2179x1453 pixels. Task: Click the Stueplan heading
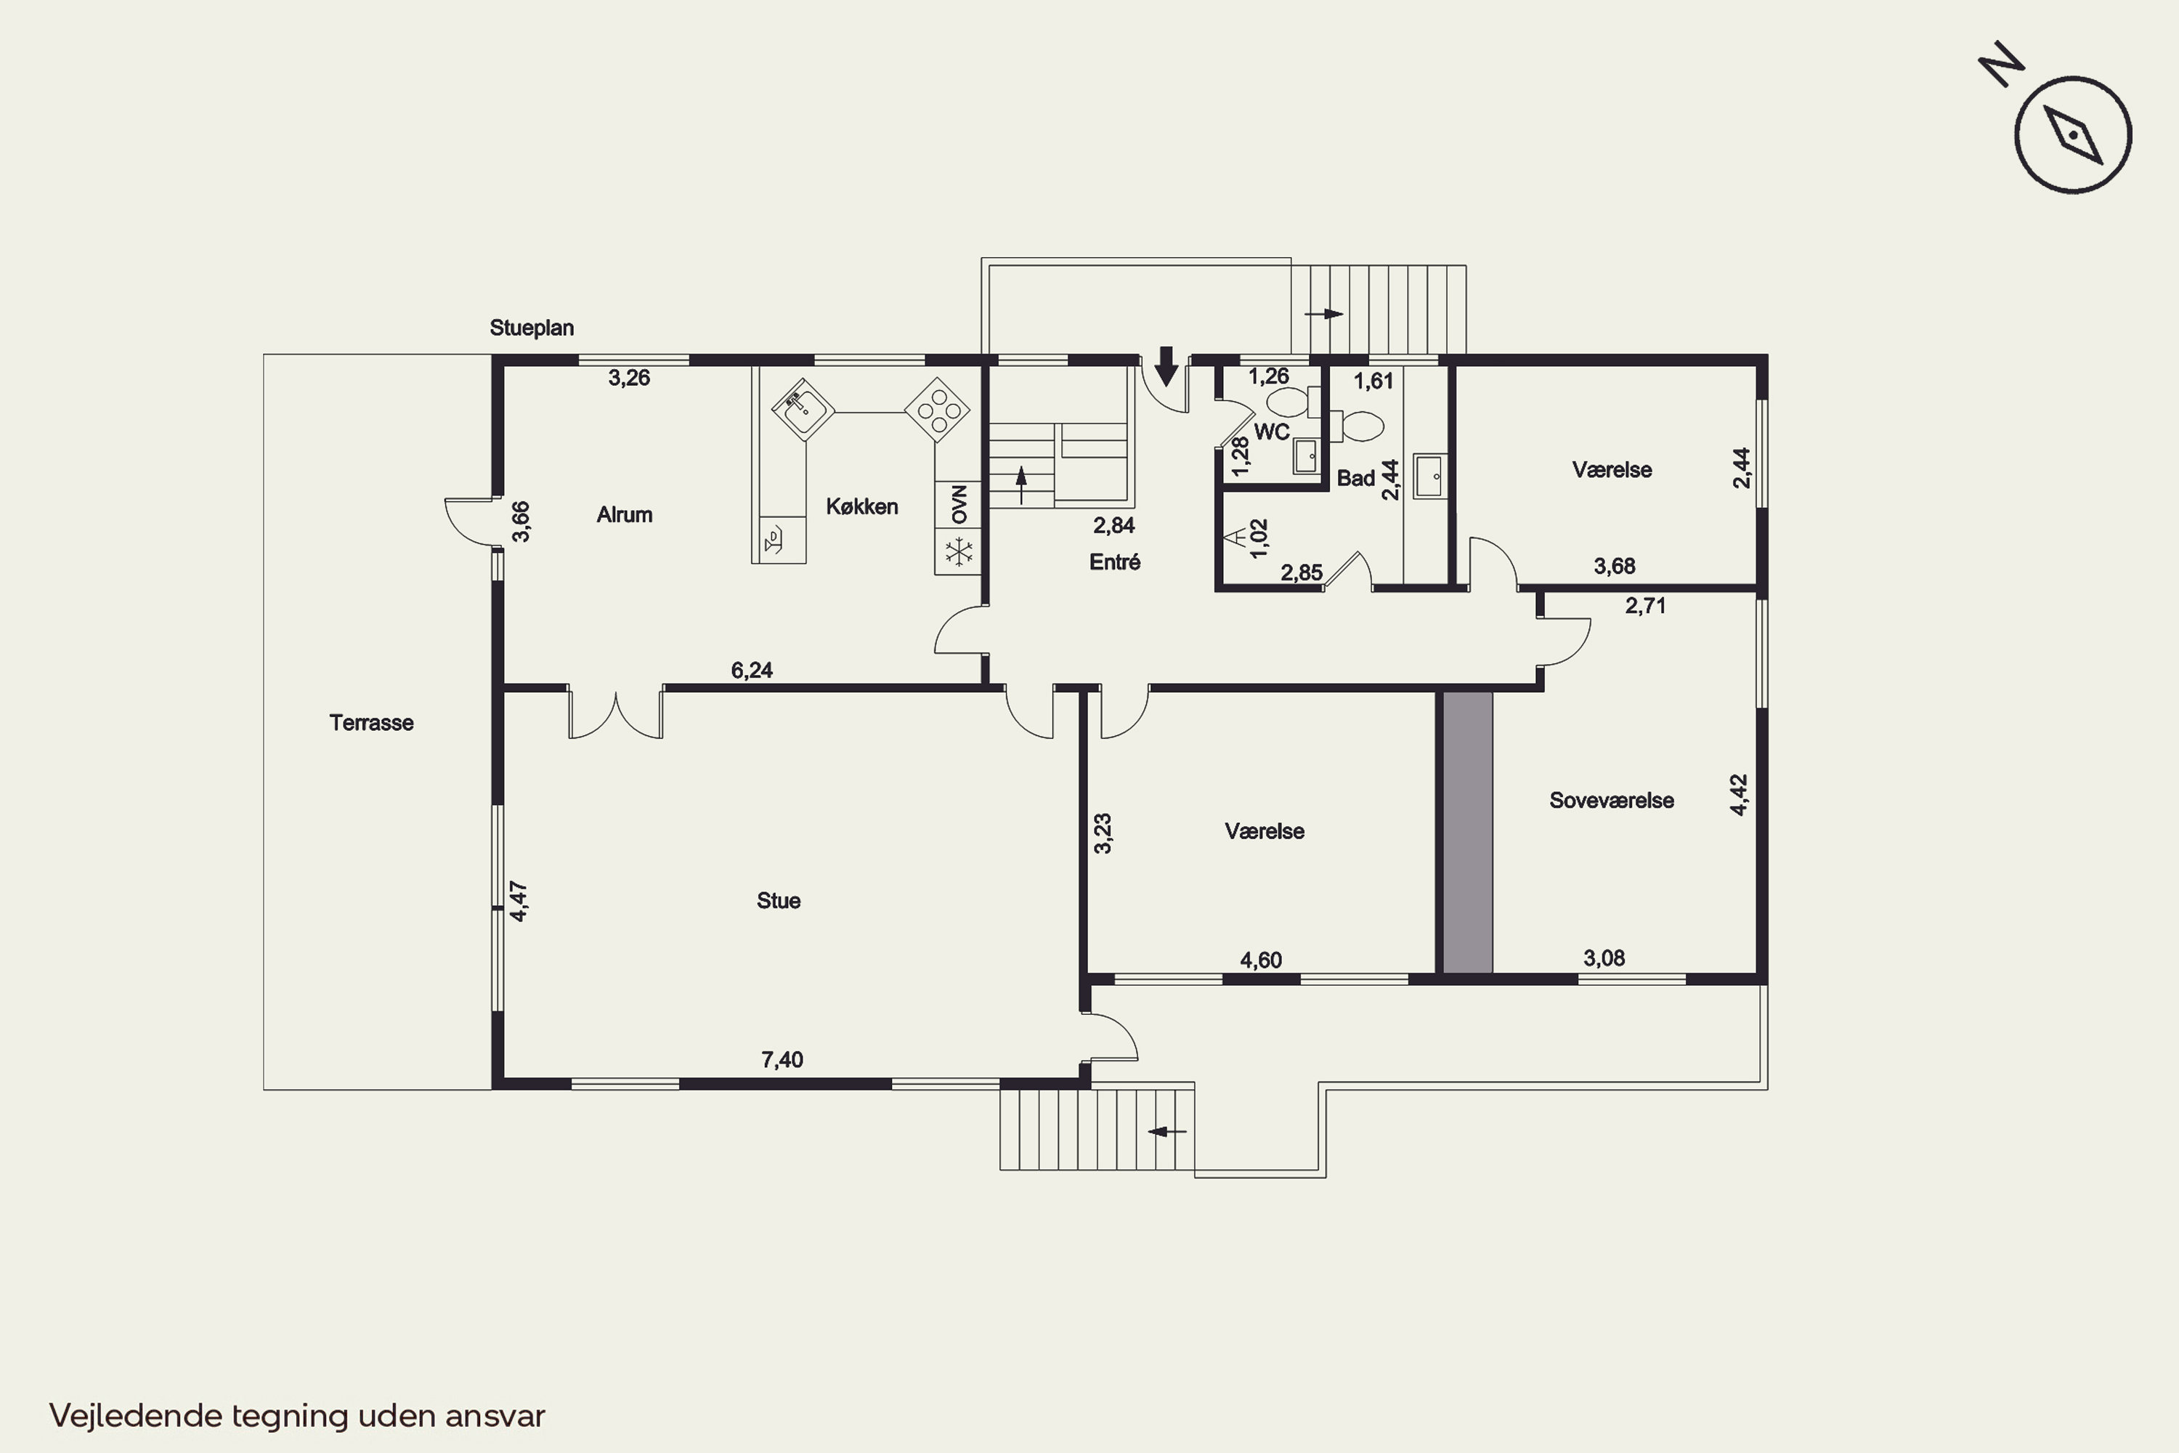click(x=532, y=328)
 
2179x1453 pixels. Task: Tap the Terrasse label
click(x=371, y=723)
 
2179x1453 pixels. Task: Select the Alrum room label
click(x=625, y=514)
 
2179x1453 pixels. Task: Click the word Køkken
click(x=861, y=507)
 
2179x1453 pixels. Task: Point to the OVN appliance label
click(x=959, y=504)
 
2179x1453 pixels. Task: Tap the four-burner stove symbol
click(x=938, y=410)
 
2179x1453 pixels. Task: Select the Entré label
click(x=1114, y=562)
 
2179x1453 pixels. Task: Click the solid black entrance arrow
click(x=1166, y=366)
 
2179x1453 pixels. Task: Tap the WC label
click(x=1271, y=432)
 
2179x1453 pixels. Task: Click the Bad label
click(x=1355, y=478)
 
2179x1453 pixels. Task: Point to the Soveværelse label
click(x=1611, y=801)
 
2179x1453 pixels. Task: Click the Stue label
click(x=778, y=901)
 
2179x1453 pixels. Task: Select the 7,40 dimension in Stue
click(x=782, y=1060)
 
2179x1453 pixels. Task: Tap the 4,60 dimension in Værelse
click(x=1261, y=960)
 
